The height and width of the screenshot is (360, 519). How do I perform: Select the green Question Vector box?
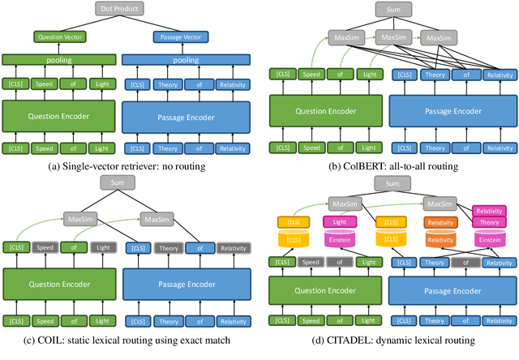click(59, 36)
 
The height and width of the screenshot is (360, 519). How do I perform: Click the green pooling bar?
click(59, 60)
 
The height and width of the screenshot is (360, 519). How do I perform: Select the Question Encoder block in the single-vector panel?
click(59, 115)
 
